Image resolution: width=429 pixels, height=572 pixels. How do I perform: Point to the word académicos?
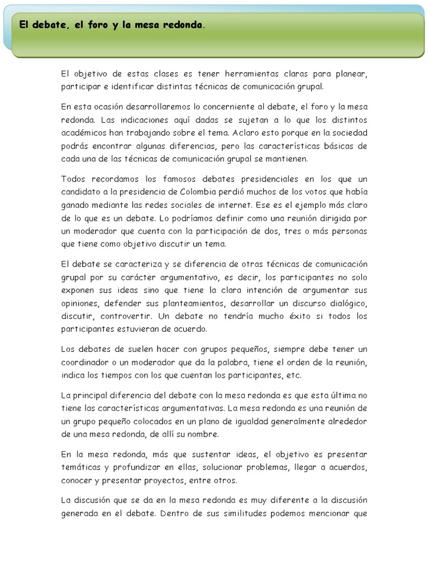pyautogui.click(x=85, y=132)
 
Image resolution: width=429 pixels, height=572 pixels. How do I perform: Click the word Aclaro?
pyautogui.click(x=261, y=132)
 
